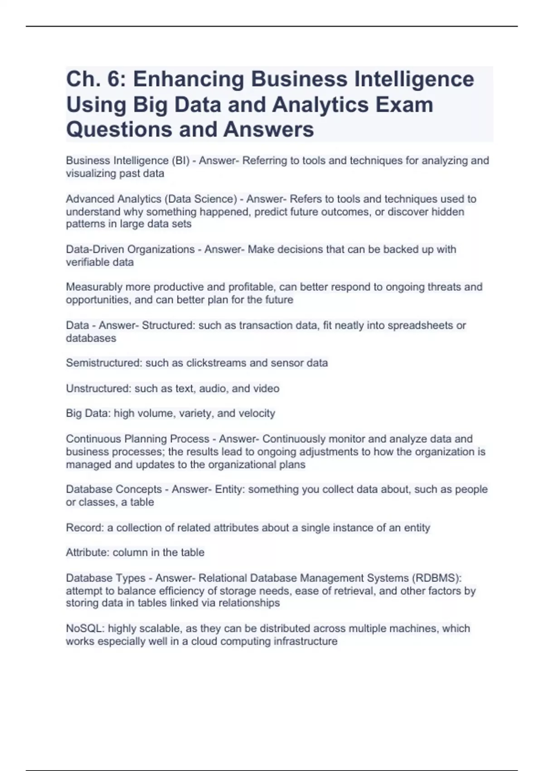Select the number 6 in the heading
pos(116,79)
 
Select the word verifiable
pos(85,262)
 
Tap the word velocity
pos(257,414)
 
